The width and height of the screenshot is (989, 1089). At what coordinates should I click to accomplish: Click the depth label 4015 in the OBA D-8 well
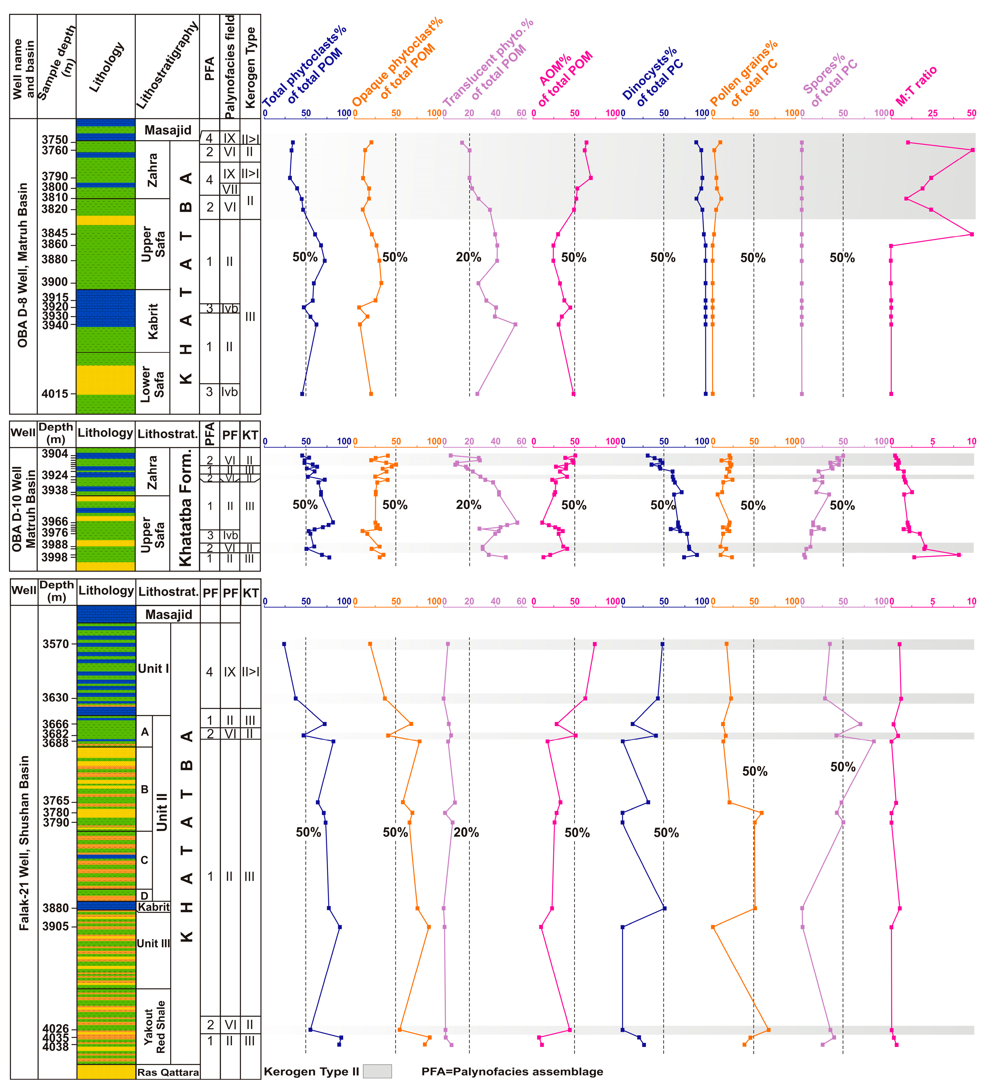[55, 394]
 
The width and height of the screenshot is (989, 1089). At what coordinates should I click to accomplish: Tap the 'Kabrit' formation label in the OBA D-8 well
[153, 321]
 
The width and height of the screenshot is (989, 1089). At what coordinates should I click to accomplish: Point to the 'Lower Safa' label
[152, 384]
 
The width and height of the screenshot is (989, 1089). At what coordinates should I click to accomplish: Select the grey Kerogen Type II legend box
[377, 1071]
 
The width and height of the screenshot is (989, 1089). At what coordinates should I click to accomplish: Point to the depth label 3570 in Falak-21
[56, 644]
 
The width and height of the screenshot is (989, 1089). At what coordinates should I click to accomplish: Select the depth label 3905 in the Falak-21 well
[56, 926]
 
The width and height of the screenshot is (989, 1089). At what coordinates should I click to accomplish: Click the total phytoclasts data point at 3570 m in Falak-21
[284, 644]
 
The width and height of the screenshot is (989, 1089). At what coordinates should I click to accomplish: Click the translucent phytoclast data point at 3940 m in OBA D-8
[515, 325]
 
